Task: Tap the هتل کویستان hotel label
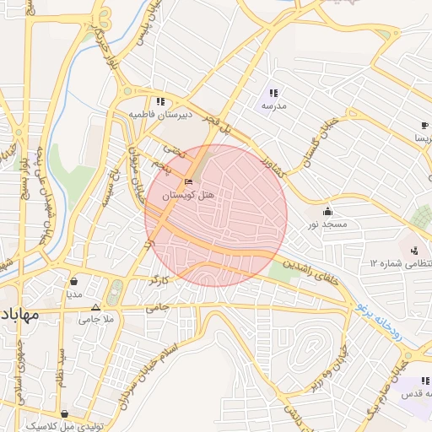pyautogui.click(x=189, y=195)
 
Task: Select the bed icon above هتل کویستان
pyautogui.click(x=189, y=181)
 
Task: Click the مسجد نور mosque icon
pyautogui.click(x=327, y=210)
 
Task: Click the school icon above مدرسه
pyautogui.click(x=273, y=93)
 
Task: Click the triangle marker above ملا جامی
pyautogui.click(x=95, y=307)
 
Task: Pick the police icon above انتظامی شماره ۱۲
pyautogui.click(x=414, y=251)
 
